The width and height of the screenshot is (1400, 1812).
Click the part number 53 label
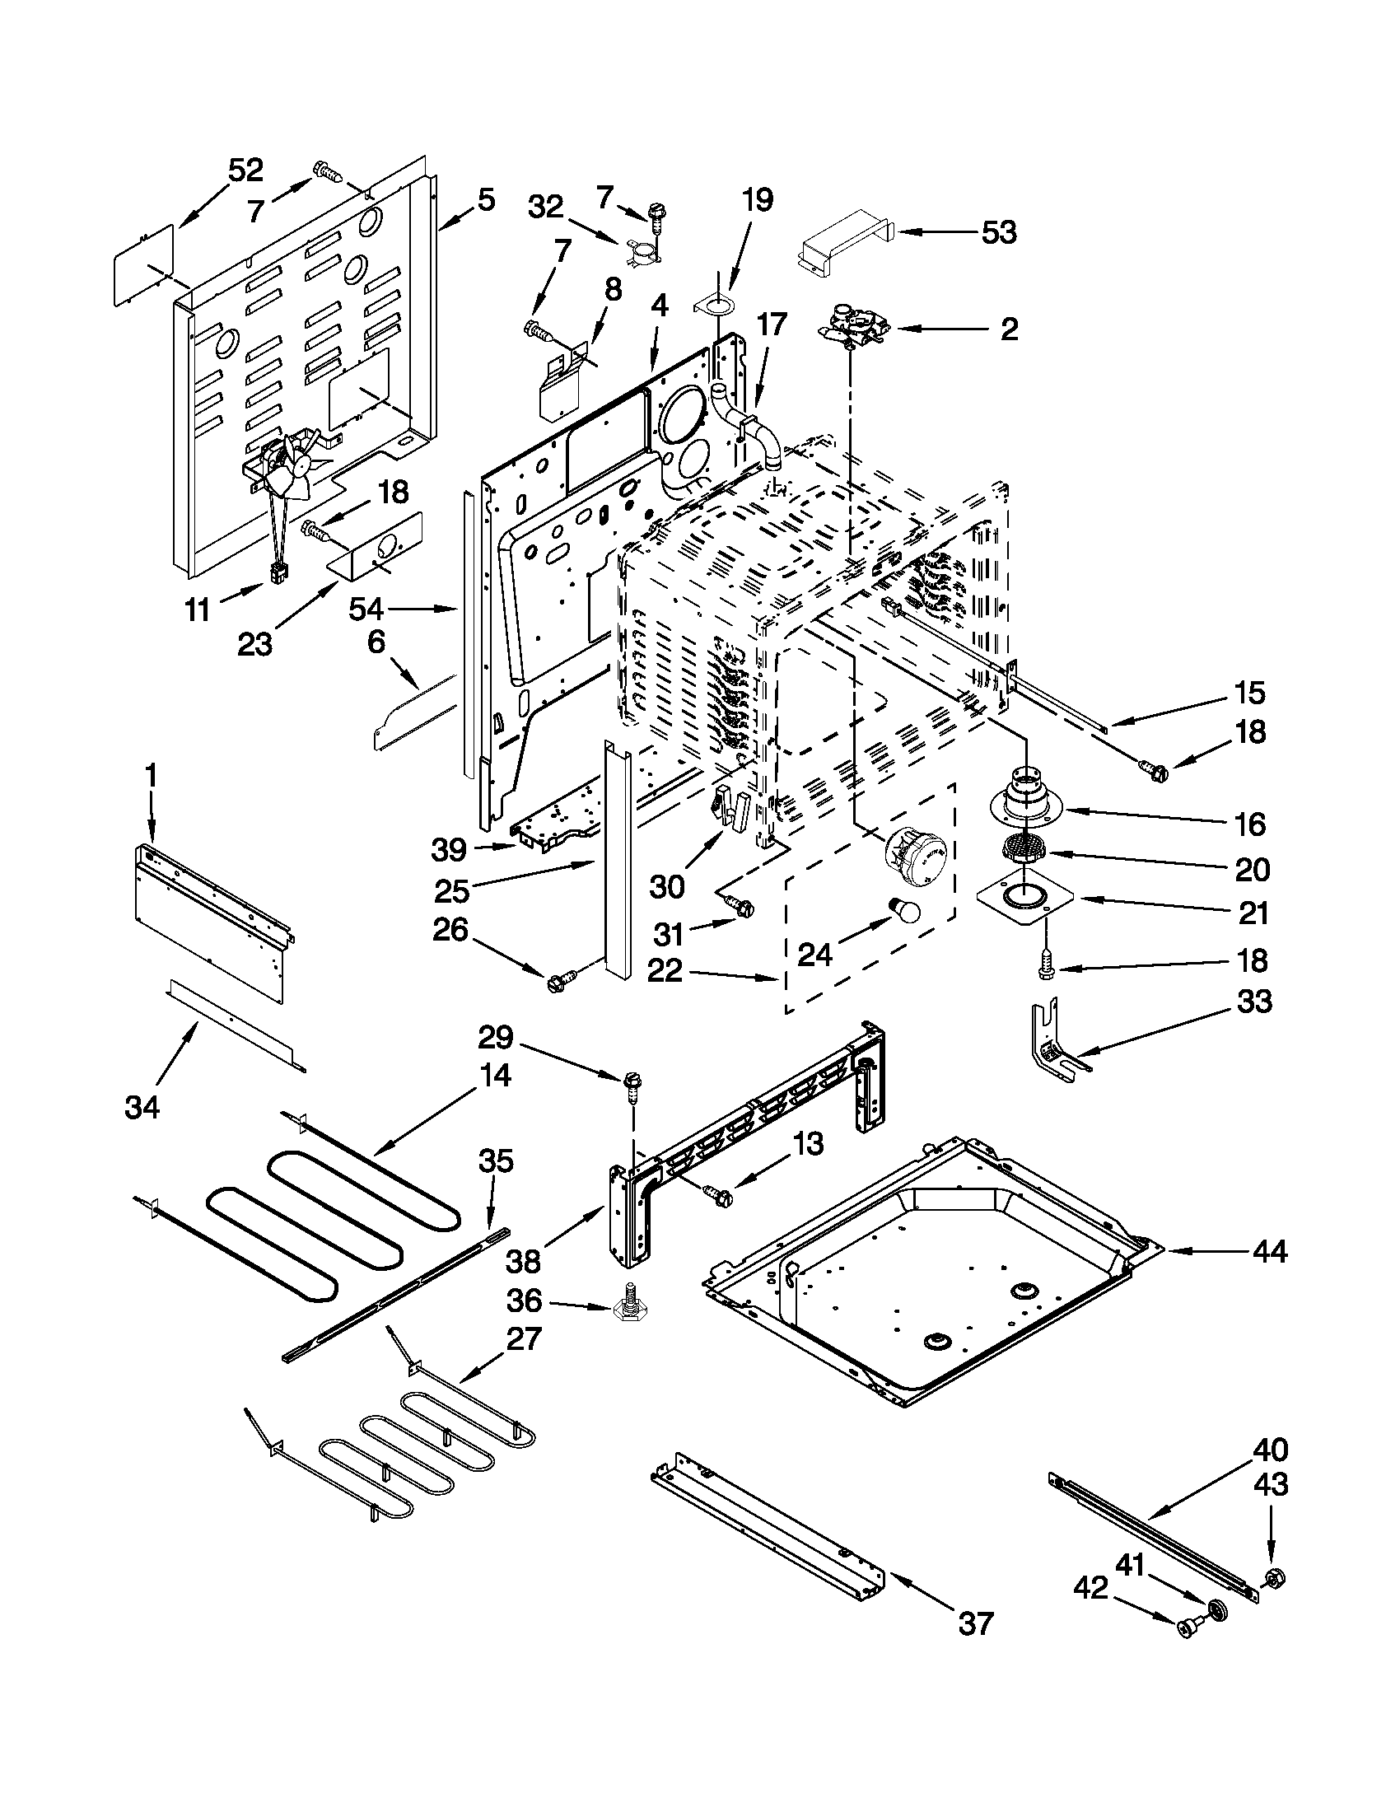click(x=999, y=233)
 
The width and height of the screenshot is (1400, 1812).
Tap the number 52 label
click(x=245, y=170)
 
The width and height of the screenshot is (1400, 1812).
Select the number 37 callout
click(x=975, y=1623)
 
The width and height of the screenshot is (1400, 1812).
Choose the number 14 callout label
click(x=495, y=1075)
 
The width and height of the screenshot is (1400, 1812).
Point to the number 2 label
click(x=1009, y=329)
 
